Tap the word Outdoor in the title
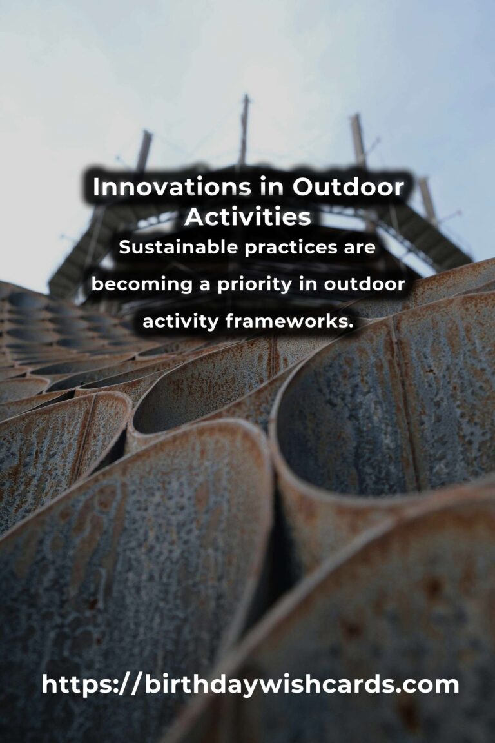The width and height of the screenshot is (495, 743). coord(348,187)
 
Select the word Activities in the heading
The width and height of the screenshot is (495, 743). coord(247,217)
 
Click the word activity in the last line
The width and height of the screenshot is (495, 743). coord(181,321)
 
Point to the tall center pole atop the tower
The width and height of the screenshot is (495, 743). coord(244,129)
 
